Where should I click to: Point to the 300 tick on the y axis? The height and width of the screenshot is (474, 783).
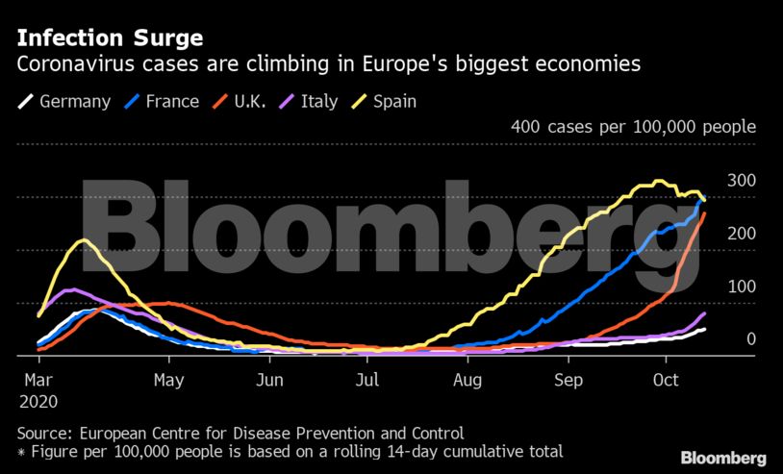pos(742,181)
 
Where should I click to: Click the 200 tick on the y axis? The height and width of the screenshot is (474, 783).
pos(742,234)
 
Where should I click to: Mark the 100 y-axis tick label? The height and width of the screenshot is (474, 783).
pos(742,287)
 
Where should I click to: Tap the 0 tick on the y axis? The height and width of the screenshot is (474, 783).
pos(750,339)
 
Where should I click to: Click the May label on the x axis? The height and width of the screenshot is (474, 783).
pos(168,380)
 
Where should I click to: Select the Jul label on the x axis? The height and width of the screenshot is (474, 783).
pos(366,380)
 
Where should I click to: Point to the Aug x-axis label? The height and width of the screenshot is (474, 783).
pos(467,380)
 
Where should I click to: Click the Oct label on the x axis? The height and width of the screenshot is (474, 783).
pos(667,380)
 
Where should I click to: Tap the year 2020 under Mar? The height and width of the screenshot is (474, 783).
pos(38,401)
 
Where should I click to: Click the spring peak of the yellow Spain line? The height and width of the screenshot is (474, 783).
pos(84,240)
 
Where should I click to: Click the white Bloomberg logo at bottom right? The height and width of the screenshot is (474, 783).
pos(723,458)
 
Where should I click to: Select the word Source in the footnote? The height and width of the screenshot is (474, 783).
pos(43,433)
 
